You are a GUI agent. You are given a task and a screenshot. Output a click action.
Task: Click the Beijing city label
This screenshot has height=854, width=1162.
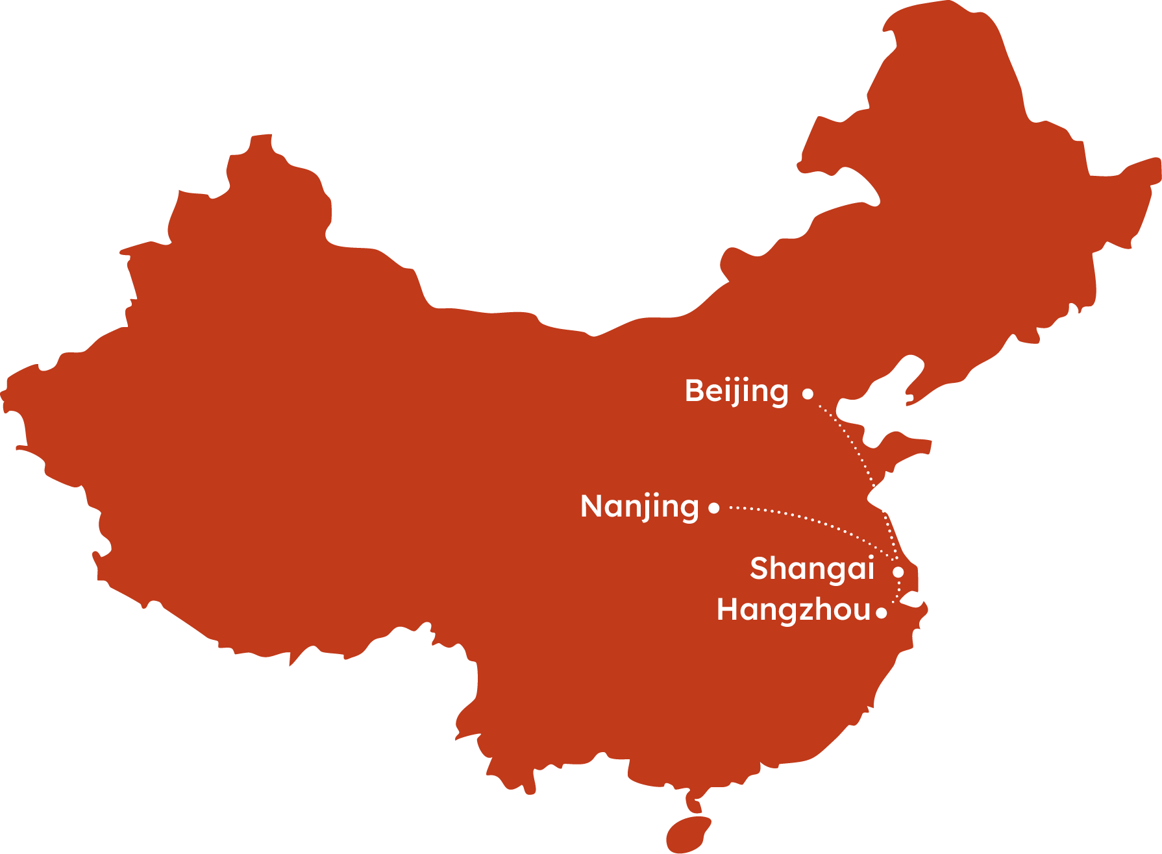click(x=736, y=391)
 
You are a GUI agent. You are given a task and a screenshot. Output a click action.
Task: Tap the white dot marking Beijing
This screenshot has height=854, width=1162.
click(x=808, y=393)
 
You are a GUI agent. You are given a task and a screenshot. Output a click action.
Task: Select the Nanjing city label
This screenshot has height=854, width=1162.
click(x=639, y=507)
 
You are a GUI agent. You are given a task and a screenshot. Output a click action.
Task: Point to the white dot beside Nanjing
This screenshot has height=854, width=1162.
click(x=714, y=507)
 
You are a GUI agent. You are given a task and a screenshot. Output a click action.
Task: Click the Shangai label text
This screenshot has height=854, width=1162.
click(x=812, y=568)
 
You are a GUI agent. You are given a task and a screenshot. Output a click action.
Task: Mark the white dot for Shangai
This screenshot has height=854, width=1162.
click(x=898, y=572)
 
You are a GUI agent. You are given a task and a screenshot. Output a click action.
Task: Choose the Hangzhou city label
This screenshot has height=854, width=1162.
click(x=793, y=610)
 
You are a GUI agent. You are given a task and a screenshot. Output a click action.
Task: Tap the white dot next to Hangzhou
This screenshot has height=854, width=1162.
click(x=881, y=613)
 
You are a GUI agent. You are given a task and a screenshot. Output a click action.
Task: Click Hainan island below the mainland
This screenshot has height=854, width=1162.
click(x=688, y=833)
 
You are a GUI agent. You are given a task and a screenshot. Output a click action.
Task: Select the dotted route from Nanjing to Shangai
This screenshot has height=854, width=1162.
click(x=811, y=520)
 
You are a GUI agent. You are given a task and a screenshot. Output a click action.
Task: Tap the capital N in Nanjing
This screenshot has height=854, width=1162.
click(x=593, y=506)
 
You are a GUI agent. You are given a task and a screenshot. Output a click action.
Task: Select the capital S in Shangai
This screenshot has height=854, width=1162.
click(x=759, y=568)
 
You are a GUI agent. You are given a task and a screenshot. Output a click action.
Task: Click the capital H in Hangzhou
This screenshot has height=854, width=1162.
click(x=728, y=610)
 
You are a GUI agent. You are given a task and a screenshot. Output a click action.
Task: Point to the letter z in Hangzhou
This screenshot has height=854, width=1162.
click(x=805, y=611)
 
